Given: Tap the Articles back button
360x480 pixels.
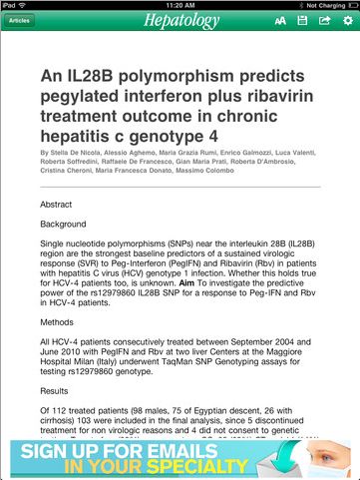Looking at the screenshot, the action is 20,20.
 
